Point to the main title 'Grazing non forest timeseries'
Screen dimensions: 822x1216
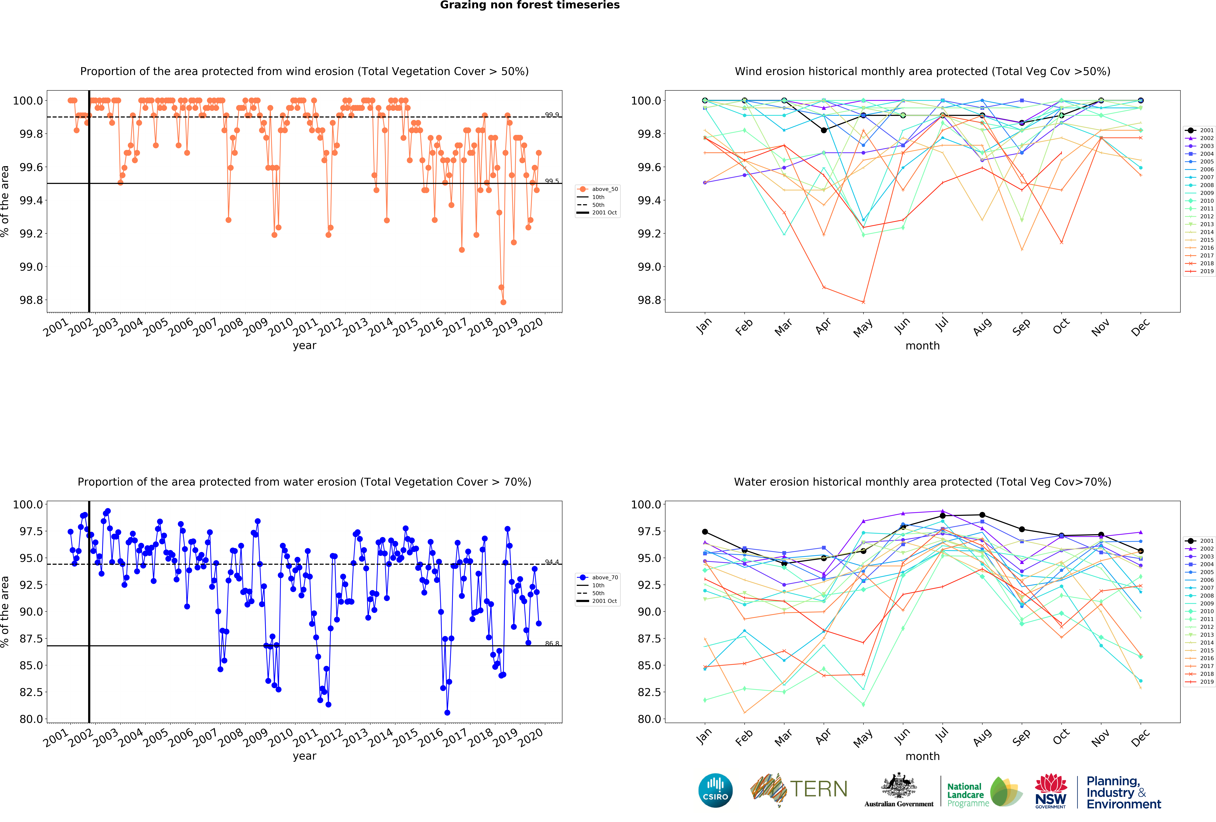(x=529, y=5)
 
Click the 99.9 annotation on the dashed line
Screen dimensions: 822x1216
(x=551, y=115)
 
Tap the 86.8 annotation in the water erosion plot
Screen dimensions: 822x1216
(x=551, y=643)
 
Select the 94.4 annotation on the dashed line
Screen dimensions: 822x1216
(x=551, y=562)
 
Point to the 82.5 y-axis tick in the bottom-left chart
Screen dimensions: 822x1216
(x=31, y=692)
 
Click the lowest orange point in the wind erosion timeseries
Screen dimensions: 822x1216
(x=503, y=302)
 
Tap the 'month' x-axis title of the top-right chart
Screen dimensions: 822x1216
(x=922, y=346)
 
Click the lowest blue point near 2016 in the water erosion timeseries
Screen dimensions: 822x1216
(x=447, y=713)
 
